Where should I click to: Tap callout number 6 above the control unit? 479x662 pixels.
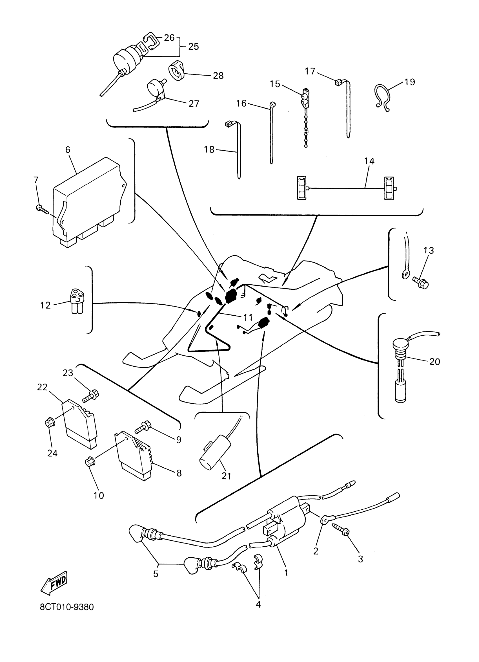tap(68, 150)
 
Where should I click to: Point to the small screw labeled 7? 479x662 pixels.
tap(41, 209)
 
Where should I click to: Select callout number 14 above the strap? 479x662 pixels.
tap(369, 161)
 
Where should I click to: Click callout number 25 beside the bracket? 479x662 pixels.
tap(193, 47)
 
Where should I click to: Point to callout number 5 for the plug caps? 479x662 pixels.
tap(156, 574)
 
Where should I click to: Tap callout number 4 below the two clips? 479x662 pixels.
tap(258, 604)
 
